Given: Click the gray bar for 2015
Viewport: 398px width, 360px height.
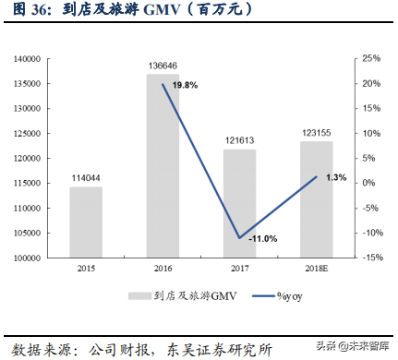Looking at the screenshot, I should pyautogui.click(x=85, y=222).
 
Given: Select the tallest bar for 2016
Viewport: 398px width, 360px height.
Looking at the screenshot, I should pyautogui.click(x=163, y=166).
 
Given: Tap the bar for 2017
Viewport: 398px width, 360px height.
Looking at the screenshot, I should pyautogui.click(x=239, y=203).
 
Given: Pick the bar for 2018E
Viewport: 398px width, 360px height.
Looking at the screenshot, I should pyautogui.click(x=316, y=199).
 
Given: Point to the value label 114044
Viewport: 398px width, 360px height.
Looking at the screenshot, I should pyautogui.click(x=85, y=178).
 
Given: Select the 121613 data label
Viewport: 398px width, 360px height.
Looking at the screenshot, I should pyautogui.click(x=239, y=141).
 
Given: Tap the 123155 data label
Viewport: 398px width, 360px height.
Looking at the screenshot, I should pyautogui.click(x=316, y=133).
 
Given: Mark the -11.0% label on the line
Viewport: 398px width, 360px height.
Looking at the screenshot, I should pyautogui.click(x=262, y=238).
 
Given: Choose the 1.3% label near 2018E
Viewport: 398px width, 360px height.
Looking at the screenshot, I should pyautogui.click(x=336, y=176).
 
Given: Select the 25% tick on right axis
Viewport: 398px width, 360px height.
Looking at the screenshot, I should pyautogui.click(x=369, y=58).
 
